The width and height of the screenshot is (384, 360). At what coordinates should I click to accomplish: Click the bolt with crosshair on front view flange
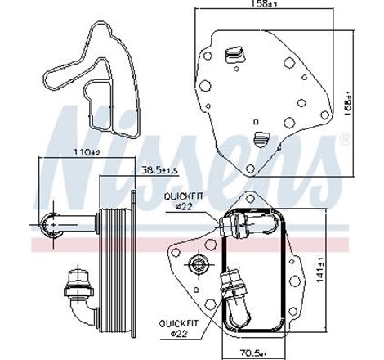pos(197,263)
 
